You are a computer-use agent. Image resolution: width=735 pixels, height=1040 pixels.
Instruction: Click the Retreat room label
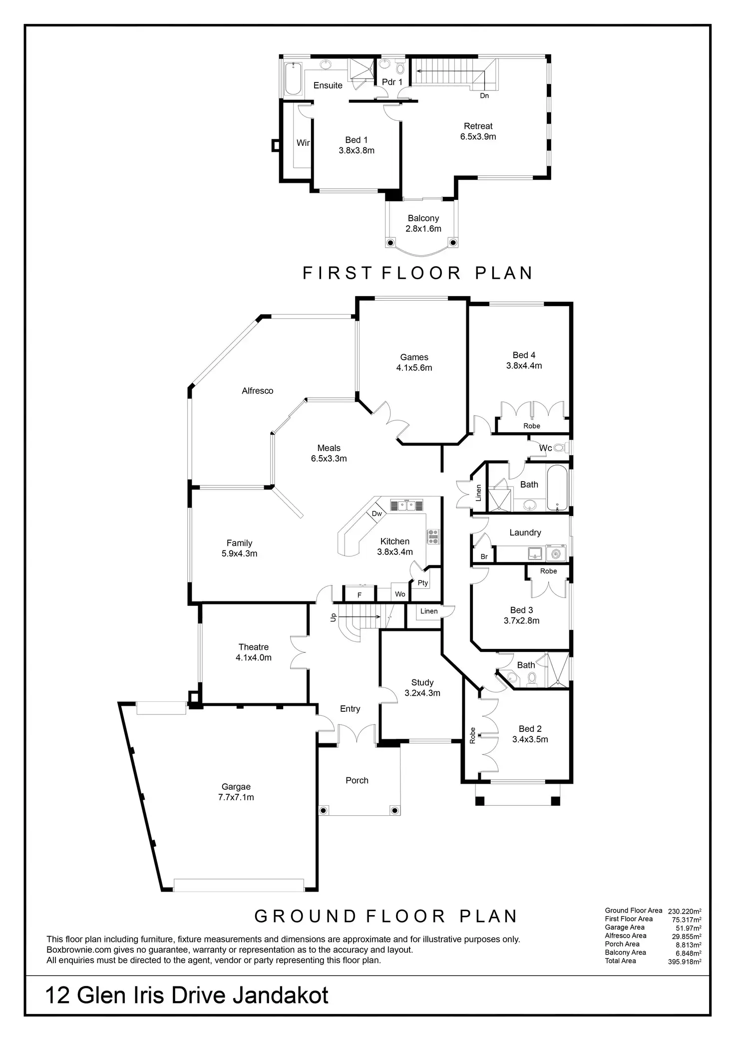[x=478, y=126]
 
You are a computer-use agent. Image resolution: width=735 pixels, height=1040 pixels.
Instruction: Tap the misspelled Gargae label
[x=236, y=787]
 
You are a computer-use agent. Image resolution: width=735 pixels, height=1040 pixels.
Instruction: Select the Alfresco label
[x=257, y=391]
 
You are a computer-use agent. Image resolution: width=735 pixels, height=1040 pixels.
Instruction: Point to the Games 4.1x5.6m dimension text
[x=414, y=368]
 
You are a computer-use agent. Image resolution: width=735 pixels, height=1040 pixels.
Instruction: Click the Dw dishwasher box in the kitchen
[x=377, y=514]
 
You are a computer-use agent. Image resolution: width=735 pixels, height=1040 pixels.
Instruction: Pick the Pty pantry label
[x=423, y=582]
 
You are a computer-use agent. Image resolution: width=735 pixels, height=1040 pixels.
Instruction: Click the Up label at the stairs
[x=334, y=617]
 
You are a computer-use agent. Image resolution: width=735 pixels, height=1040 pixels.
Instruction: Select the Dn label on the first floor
[x=484, y=95]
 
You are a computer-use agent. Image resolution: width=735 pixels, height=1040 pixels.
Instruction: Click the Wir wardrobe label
[x=303, y=143]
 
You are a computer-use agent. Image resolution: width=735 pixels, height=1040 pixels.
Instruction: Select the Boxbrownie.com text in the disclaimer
[x=78, y=950]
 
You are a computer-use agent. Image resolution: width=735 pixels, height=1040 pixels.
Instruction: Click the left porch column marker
[x=323, y=810]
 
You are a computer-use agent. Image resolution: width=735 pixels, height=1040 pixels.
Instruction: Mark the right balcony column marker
[x=453, y=243]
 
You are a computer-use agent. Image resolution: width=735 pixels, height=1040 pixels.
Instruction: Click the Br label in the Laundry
[x=484, y=556]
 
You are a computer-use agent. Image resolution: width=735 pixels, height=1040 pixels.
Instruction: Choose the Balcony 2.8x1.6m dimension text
[x=423, y=229]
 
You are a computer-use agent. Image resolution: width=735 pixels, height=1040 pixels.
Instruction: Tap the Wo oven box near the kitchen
[x=400, y=594]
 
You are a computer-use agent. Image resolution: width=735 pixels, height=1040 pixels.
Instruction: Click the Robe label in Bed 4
[x=532, y=426]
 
